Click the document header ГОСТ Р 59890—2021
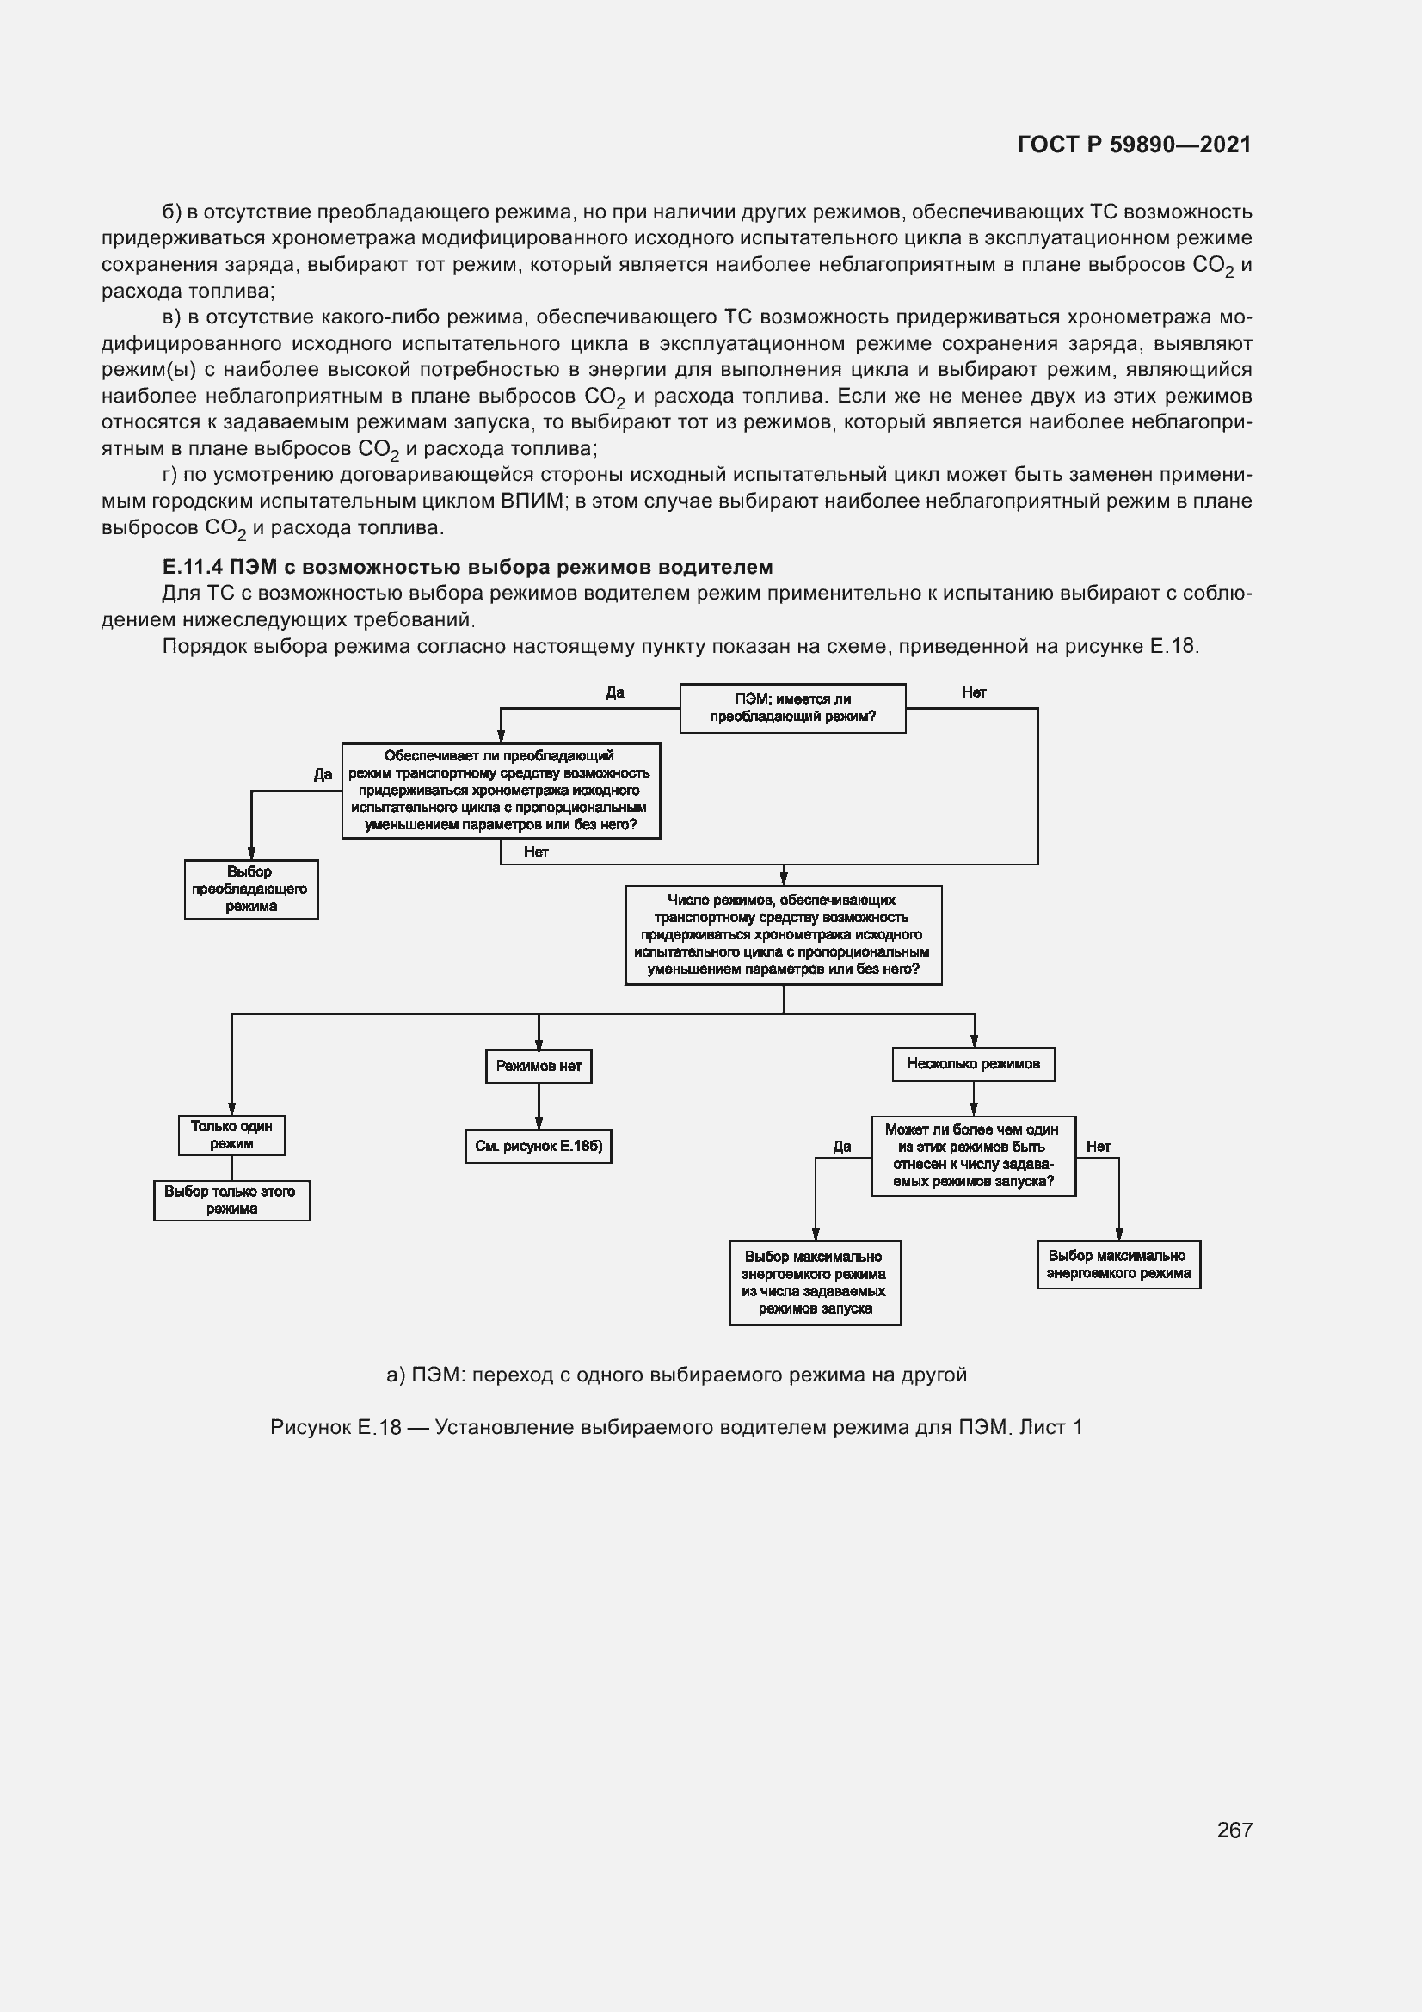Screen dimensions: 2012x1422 pos(1134,145)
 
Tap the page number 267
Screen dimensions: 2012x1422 pos(1234,1829)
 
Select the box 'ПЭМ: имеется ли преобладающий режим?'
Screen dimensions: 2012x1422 pos(792,708)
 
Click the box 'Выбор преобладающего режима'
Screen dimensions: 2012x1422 pos(250,889)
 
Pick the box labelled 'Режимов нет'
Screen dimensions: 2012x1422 pos(538,1066)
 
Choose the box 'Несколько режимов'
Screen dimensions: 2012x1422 pos(973,1064)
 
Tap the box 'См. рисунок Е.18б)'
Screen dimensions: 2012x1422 pos(538,1146)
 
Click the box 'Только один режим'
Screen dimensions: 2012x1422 pos(231,1135)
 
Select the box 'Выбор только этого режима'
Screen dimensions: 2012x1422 pos(231,1200)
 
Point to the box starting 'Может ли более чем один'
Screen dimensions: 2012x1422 pos(973,1155)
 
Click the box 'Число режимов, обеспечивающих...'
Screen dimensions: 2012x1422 pos(783,934)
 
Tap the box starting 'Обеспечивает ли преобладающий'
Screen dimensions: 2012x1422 pos(501,791)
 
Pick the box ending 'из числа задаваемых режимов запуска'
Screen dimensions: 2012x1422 pos(815,1282)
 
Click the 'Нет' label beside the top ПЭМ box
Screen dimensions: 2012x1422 pos(974,692)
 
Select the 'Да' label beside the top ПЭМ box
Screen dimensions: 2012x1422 pos(615,692)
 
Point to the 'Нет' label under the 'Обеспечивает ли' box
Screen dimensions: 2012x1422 pos(535,852)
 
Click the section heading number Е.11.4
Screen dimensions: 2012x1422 pos(192,567)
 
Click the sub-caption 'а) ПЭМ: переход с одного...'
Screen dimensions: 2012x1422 pos(675,1375)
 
